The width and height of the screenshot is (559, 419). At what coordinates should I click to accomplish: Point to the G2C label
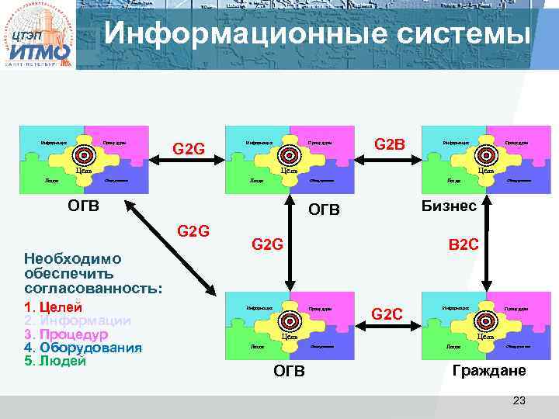(x=387, y=314)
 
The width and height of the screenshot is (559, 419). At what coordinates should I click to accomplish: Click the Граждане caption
(x=489, y=371)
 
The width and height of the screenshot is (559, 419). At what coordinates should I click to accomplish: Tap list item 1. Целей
(x=54, y=306)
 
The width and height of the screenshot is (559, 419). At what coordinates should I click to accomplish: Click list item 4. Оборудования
(x=83, y=348)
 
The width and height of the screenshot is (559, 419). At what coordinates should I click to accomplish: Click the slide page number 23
(x=519, y=400)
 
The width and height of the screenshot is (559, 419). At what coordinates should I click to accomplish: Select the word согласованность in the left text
(x=93, y=289)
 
